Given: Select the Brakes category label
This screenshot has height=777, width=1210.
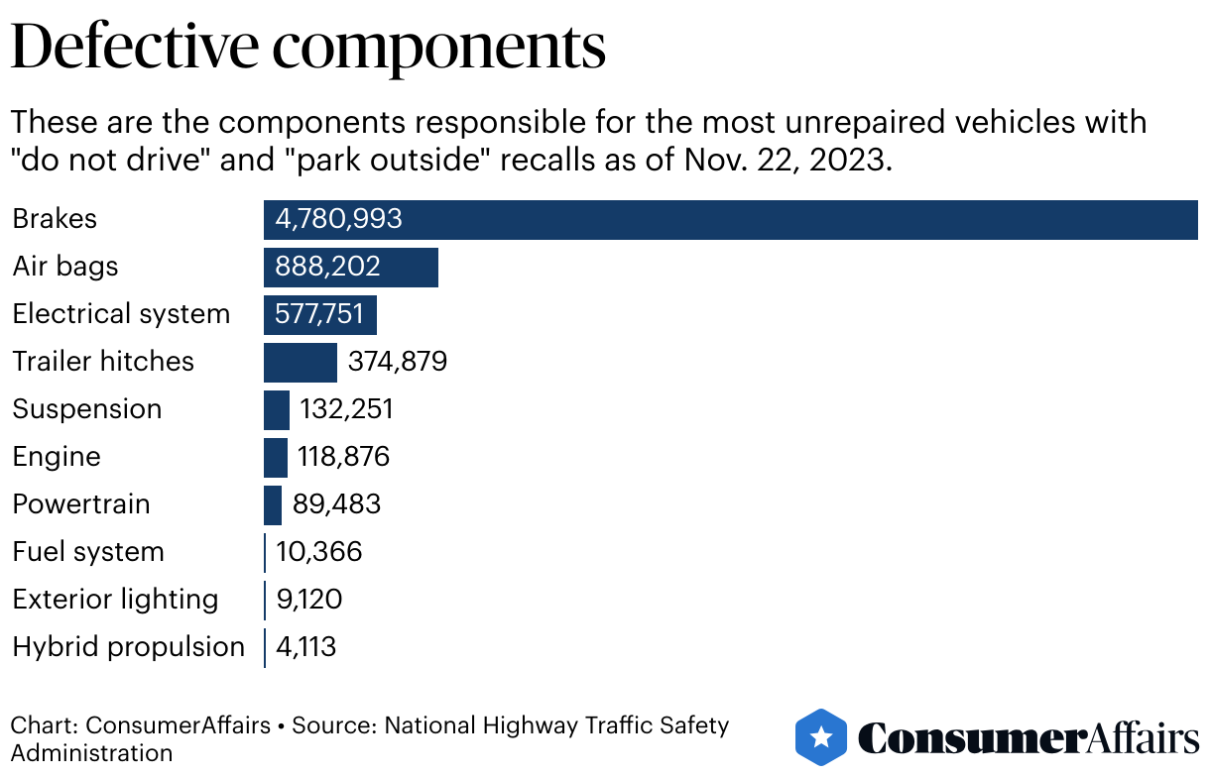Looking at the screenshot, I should tap(55, 219).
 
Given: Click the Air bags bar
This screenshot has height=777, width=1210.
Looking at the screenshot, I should tap(350, 267).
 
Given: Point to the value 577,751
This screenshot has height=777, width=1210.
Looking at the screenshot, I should tap(320, 314).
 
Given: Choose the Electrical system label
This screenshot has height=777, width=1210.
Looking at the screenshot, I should tap(121, 314).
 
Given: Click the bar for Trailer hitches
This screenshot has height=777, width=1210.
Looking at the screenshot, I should tap(300, 362).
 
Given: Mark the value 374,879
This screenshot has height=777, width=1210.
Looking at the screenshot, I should tap(398, 362).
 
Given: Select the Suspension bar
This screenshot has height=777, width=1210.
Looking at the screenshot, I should tap(276, 409).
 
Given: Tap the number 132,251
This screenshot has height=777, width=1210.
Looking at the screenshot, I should tap(347, 409).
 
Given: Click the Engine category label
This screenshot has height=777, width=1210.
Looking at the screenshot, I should tap(57, 457).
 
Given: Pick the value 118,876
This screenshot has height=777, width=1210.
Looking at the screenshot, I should tap(344, 457).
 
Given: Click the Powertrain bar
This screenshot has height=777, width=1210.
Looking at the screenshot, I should tap(273, 504).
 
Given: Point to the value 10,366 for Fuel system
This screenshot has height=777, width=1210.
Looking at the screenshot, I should tap(319, 552).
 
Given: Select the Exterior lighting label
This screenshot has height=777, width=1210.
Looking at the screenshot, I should tap(115, 600).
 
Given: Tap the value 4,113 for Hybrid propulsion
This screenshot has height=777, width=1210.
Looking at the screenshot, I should tap(306, 647).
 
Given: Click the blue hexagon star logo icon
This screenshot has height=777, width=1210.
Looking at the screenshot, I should tap(821, 737).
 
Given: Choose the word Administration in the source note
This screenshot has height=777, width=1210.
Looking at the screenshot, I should tap(92, 752).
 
